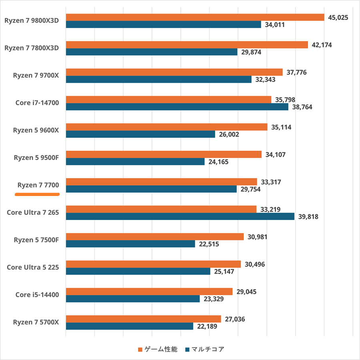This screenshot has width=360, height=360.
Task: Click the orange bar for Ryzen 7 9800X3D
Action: pyautogui.click(x=195, y=17)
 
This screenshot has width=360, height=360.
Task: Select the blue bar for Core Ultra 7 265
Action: pyautogui.click(x=180, y=216)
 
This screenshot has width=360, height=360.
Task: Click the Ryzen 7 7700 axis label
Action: pyautogui.click(x=38, y=185)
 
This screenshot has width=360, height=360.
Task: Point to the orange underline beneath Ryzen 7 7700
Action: pyautogui.click(x=37, y=195)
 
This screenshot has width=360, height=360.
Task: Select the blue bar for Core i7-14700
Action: pyautogui.click(x=177, y=107)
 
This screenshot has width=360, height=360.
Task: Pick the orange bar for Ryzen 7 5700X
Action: pyautogui.click(x=143, y=319)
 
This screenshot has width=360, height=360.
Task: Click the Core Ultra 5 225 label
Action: pyautogui.click(x=33, y=267)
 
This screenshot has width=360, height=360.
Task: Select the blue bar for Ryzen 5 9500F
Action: pyautogui.click(x=135, y=162)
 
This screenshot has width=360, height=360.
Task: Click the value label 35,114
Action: pyautogui.click(x=281, y=127)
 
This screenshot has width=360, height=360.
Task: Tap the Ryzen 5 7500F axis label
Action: pyautogui.click(x=36, y=240)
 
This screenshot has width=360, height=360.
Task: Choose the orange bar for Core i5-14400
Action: pyautogui.click(x=149, y=291)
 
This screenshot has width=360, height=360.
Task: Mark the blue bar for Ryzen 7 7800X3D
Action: pyautogui.click(x=152, y=52)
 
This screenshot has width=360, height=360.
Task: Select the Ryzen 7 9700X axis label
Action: pyautogui.click(x=36, y=75)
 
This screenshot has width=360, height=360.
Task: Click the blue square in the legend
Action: pyautogui.click(x=187, y=350)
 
